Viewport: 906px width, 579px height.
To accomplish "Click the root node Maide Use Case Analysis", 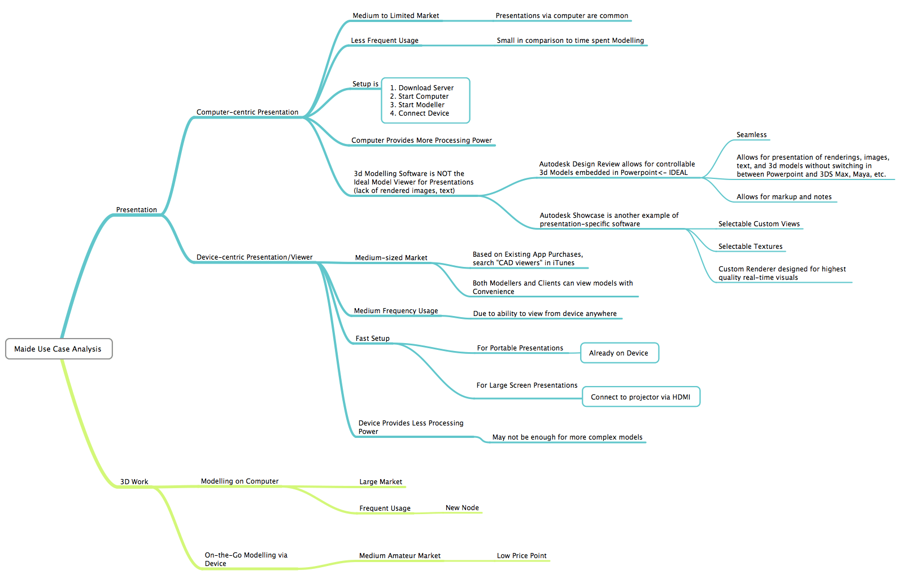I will point(58,349).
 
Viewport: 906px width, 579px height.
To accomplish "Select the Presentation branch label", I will point(137,210).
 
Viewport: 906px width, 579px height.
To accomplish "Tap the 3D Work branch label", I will point(134,482).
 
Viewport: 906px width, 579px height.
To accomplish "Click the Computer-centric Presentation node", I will point(247,112).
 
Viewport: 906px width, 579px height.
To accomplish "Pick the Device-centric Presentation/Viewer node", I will point(254,257).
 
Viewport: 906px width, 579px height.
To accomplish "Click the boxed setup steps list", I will point(425,100).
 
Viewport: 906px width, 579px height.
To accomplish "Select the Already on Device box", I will point(619,353).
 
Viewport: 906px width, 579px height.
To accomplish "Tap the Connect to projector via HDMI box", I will point(641,397).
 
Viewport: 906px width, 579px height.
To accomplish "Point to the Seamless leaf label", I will point(751,135).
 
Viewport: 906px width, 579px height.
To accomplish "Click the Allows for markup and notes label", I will point(784,197).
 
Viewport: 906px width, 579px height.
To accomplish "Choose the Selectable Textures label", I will point(750,247).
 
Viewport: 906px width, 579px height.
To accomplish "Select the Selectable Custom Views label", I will point(759,224).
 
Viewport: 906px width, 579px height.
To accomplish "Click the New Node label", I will point(462,508).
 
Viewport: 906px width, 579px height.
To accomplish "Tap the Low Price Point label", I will point(521,556).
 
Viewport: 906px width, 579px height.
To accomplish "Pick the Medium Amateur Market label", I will point(400,556).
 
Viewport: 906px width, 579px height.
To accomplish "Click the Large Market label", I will point(381,482).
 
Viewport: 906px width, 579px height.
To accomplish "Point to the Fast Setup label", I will point(372,339).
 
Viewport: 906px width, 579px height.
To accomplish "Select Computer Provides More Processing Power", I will point(421,141).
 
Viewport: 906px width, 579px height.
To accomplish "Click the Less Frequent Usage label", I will point(385,41).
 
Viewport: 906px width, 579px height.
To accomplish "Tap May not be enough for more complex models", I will point(567,437).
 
